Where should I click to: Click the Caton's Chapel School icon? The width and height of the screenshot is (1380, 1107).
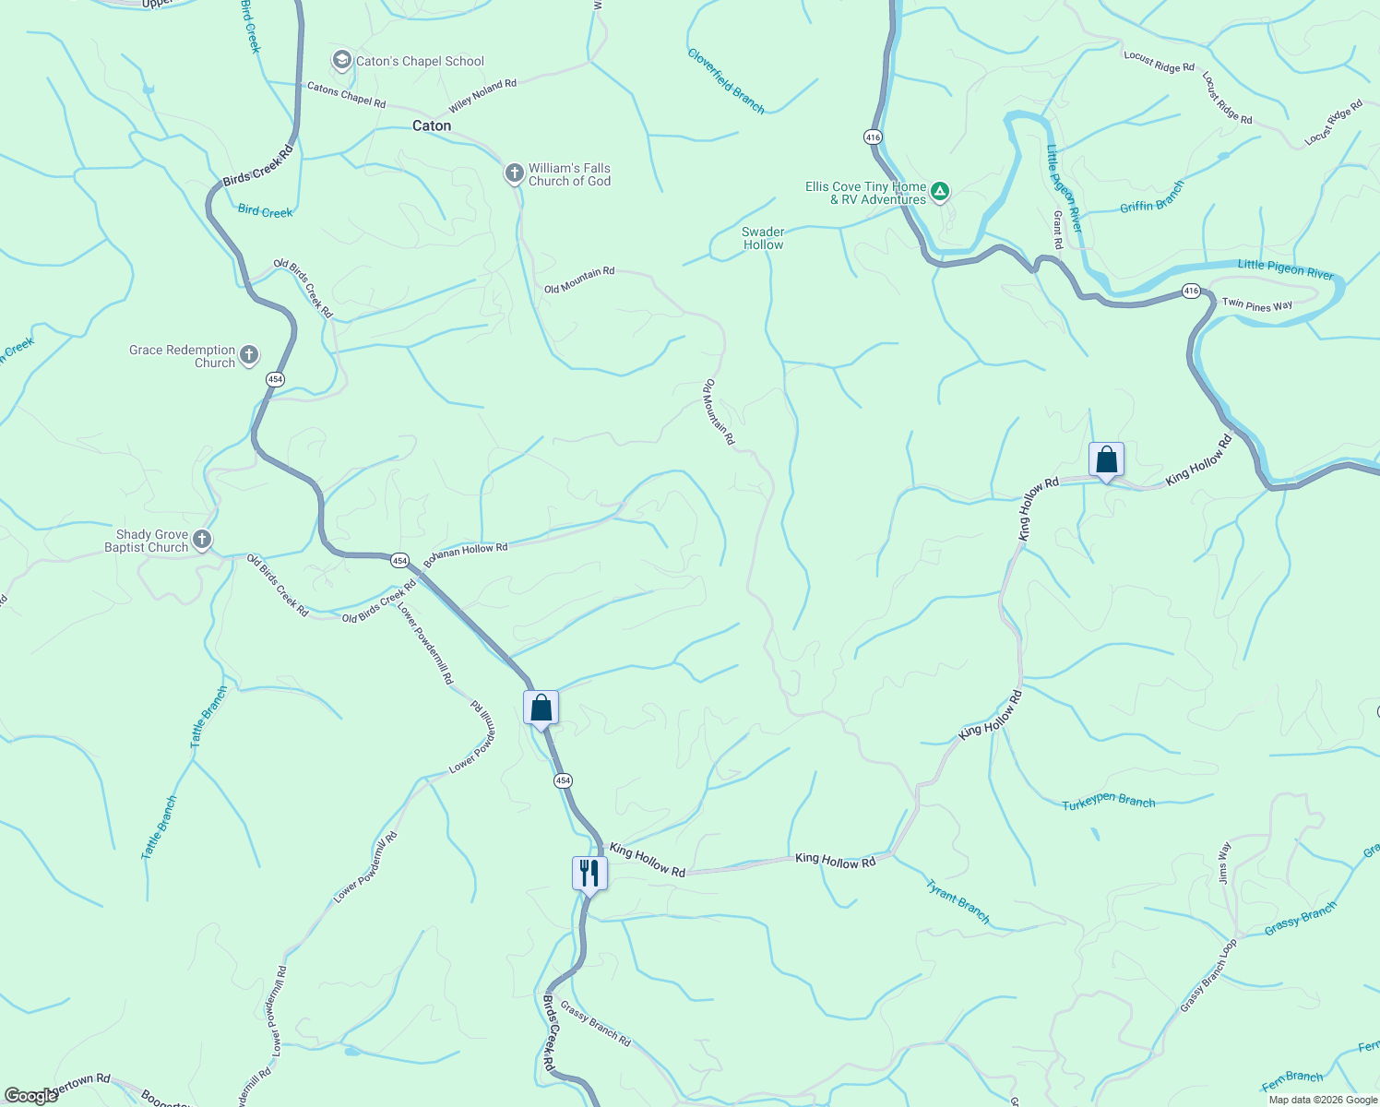pos(342,61)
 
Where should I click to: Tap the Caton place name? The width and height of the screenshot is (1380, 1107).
pos(432,125)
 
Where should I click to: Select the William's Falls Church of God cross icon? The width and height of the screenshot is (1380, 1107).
pos(515,173)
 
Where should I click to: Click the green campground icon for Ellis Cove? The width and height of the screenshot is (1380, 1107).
pos(939,192)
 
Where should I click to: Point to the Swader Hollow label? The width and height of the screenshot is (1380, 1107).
pos(763,238)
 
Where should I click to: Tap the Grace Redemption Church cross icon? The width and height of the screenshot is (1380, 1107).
pos(248,354)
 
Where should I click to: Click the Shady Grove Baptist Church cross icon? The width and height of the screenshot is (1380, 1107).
pos(202,540)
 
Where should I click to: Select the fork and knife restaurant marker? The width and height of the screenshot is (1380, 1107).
pos(589,873)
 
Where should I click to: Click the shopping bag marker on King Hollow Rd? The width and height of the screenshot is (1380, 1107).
pos(1106,459)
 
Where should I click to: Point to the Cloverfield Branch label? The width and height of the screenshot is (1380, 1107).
pos(726,81)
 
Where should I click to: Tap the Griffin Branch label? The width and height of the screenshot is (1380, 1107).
pos(1152,197)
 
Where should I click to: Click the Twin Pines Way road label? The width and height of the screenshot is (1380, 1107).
pos(1256,304)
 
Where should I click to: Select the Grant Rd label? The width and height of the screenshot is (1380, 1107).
pos(1058,230)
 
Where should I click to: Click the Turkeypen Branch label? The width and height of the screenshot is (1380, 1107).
pos(1108,801)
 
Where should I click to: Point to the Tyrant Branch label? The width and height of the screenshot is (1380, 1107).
pos(958,901)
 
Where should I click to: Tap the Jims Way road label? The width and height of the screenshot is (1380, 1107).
pos(1224,863)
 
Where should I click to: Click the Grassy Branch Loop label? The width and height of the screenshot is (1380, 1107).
pos(1208,975)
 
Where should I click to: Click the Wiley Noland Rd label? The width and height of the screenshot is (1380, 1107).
pos(482,95)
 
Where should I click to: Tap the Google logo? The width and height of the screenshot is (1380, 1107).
pos(30,1096)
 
